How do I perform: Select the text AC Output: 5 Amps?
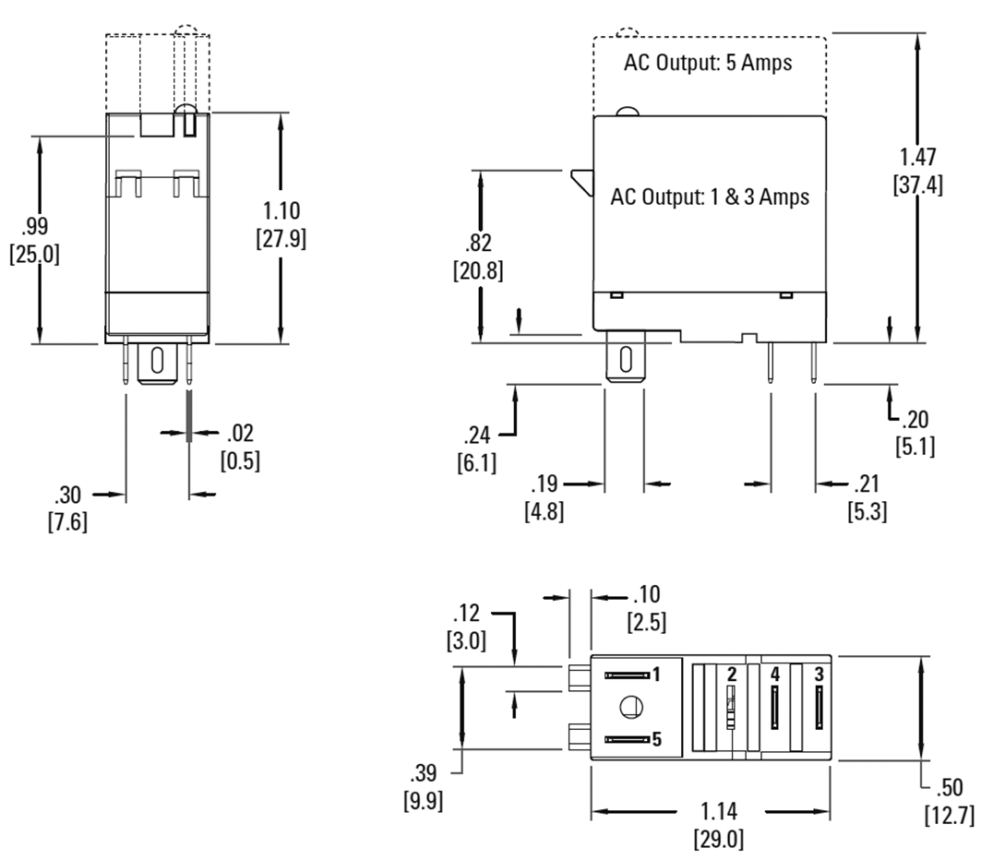click(709, 66)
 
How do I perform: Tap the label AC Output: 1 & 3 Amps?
click(710, 197)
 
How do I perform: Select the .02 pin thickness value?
click(239, 433)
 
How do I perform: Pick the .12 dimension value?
click(470, 613)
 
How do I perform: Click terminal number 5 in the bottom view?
click(657, 739)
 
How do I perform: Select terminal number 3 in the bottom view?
click(819, 675)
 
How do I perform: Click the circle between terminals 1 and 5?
click(631, 707)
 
